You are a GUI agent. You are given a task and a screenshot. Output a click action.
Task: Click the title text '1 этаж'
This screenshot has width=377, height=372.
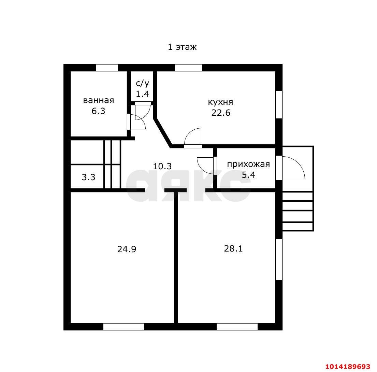click(182, 47)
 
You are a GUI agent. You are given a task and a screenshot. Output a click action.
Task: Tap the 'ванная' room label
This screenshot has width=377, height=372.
click(98, 100)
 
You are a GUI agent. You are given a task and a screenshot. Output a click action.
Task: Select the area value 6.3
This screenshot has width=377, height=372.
click(98, 111)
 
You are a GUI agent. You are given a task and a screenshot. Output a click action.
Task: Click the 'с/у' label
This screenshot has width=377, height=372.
click(142, 83)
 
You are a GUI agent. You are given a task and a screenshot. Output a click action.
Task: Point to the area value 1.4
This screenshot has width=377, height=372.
click(142, 94)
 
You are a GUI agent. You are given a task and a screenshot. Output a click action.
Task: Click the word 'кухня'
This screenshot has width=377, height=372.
click(220, 102)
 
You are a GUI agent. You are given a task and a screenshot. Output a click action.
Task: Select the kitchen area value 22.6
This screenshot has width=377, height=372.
click(221, 113)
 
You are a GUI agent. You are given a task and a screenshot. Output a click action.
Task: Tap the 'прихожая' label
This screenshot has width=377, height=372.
click(248, 164)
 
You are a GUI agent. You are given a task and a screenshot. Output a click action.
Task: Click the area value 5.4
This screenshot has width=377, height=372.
click(248, 175)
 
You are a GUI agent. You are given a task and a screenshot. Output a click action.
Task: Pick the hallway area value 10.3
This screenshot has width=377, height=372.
click(162, 166)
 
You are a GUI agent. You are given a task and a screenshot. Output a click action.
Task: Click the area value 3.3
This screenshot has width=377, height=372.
click(88, 177)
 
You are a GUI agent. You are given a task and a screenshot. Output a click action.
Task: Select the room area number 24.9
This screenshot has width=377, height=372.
click(127, 249)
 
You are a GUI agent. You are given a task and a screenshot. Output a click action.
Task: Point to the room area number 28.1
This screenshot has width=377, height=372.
click(233, 248)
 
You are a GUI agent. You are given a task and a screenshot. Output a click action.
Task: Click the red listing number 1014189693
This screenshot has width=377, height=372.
click(347, 367)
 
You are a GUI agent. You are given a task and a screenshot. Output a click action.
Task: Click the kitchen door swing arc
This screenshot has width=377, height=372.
click(193, 137)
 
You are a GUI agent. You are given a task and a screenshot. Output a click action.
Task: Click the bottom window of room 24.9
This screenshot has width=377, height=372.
click(124, 327)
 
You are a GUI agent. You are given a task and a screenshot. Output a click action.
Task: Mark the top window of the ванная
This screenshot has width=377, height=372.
click(106, 68)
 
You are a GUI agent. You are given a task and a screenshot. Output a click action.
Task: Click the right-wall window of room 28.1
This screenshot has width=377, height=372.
click(279, 259)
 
